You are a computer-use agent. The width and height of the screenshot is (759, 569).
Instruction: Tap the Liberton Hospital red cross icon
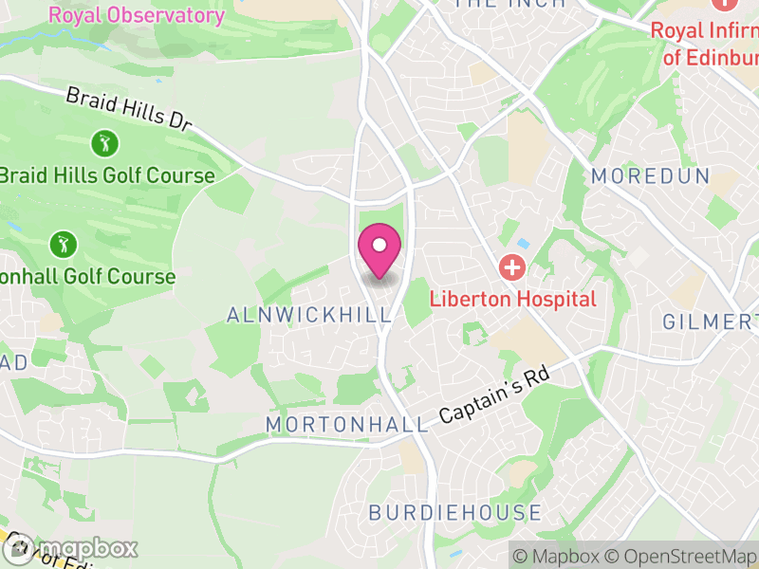[512, 266]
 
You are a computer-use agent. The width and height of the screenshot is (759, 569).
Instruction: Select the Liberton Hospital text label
[512, 299]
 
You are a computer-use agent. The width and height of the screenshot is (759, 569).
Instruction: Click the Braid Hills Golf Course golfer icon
[104, 144]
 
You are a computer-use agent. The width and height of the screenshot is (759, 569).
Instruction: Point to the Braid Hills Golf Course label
[107, 175]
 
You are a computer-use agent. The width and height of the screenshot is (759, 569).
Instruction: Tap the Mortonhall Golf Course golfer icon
[64, 244]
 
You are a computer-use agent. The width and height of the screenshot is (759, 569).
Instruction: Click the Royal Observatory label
[137, 15]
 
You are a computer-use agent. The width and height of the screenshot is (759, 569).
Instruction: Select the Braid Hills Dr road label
[129, 110]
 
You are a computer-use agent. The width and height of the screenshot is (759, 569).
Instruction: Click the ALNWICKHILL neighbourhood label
[309, 314]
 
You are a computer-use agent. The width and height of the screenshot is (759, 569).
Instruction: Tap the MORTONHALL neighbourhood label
[347, 424]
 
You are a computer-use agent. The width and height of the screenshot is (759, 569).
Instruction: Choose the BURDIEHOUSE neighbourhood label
[455, 513]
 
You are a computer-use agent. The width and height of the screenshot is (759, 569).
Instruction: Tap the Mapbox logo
[70, 549]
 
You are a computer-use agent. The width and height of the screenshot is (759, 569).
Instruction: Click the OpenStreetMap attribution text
[681, 556]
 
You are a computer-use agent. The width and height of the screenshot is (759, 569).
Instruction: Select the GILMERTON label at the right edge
[712, 322]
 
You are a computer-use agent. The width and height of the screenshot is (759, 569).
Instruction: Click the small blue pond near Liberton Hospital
[524, 244]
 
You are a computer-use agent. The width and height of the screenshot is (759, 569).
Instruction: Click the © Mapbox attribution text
[559, 556]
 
